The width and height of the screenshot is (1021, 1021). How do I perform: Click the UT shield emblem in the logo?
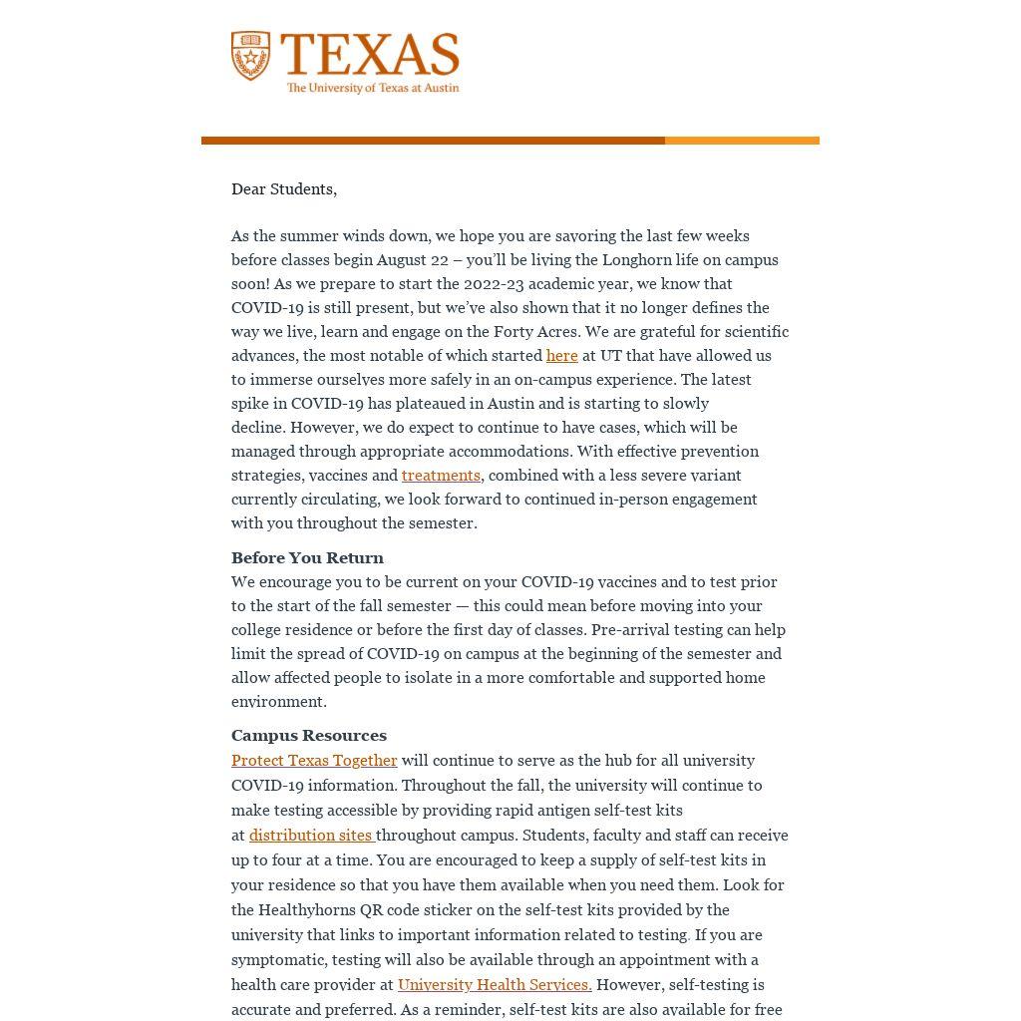(250, 56)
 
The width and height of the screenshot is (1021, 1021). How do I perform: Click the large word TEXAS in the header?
(370, 55)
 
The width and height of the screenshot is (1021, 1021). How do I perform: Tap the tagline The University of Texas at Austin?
(373, 88)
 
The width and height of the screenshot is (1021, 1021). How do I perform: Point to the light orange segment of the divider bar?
(742, 141)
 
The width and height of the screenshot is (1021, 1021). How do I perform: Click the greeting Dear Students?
(284, 189)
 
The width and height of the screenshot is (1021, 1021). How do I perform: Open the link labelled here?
(561, 356)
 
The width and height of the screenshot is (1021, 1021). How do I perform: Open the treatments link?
(441, 476)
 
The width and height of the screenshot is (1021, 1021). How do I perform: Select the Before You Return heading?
(307, 558)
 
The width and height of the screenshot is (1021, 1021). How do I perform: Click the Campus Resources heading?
(309, 736)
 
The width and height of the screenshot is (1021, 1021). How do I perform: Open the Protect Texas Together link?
(314, 761)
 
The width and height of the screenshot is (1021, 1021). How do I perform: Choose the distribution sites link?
(311, 836)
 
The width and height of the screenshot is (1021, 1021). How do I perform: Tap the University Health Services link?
(495, 985)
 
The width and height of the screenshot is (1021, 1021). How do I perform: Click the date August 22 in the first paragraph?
(413, 260)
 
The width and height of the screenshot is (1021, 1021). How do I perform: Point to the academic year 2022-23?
(494, 284)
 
